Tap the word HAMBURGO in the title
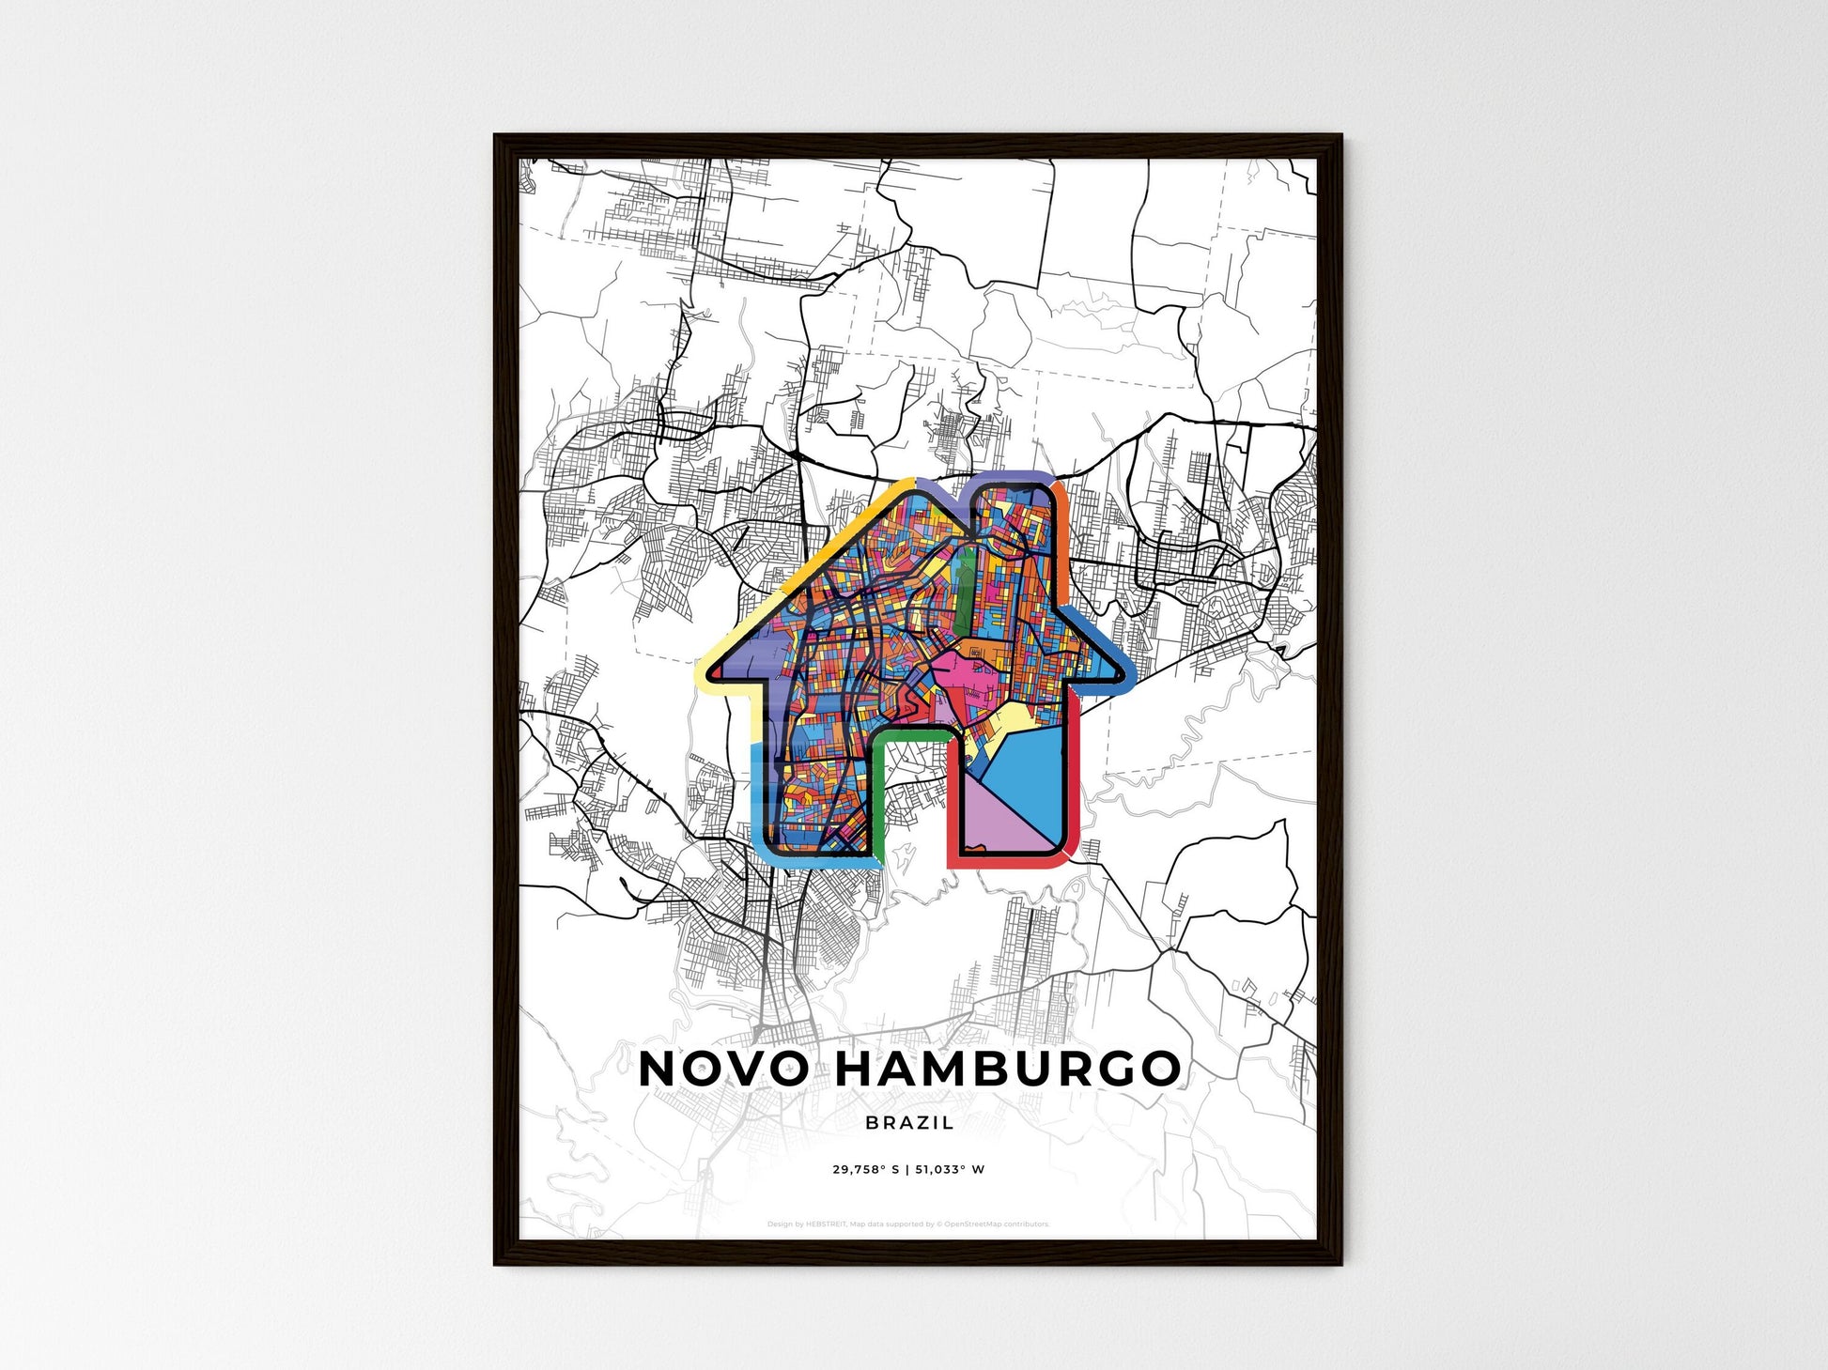pos(1008,1069)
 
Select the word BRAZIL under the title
pos(909,1122)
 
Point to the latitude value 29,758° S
pos(865,1170)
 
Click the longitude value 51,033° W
pos(953,1170)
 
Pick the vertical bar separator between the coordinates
pos(908,1170)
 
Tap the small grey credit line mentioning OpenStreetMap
pos(907,1224)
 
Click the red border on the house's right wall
pos(1073,770)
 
